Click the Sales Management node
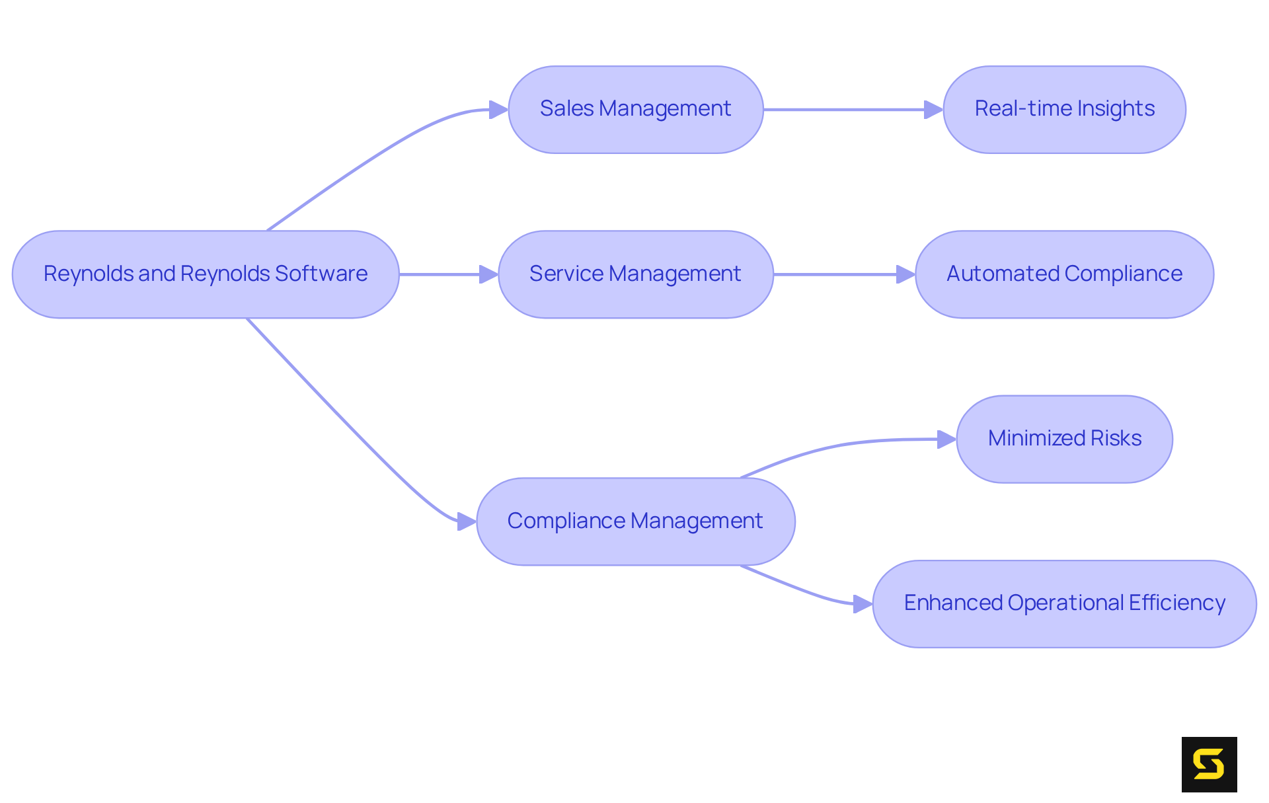pos(635,110)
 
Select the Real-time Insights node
pos(1064,110)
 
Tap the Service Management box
pos(635,274)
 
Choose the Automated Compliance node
pos(1064,274)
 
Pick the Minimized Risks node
pos(1064,439)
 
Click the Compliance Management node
pos(635,521)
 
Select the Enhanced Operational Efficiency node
pos(1064,603)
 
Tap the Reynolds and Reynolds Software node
pos(206,274)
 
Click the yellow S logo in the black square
pos(1209,764)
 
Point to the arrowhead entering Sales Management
pos(498,110)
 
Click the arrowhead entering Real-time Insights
pos(933,110)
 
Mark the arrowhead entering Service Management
pos(488,274)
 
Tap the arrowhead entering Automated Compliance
pos(905,274)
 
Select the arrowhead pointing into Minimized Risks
pos(946,440)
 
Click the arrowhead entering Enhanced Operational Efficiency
pos(863,603)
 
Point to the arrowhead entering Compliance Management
pos(467,521)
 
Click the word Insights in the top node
pos(1124,109)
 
